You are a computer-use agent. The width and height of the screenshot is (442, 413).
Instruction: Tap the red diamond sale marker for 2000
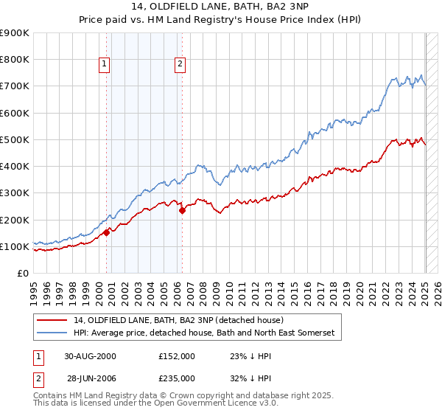pyautogui.click(x=107, y=232)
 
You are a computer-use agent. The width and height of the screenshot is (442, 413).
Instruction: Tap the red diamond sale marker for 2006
pyautogui.click(x=182, y=210)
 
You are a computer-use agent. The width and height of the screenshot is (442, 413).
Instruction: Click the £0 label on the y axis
pyautogui.click(x=22, y=273)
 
